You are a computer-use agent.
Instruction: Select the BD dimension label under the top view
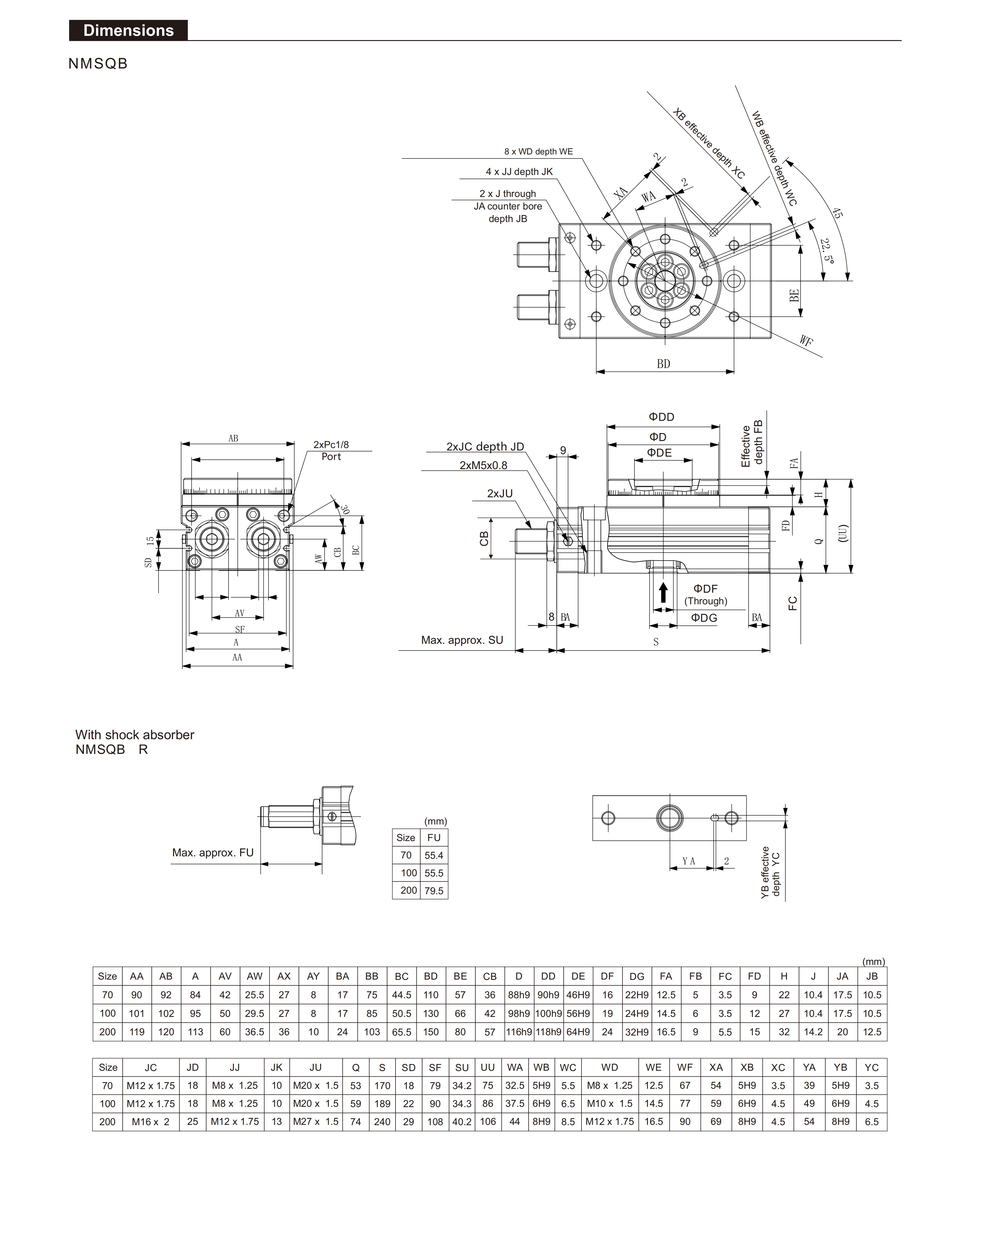point(663,364)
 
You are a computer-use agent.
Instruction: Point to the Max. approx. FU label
point(213,853)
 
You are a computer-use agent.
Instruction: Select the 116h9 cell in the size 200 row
point(519,1032)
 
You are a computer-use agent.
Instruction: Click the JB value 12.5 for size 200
point(872,1032)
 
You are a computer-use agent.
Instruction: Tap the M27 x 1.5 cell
point(315,1122)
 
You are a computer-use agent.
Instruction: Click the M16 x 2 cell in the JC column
point(150,1122)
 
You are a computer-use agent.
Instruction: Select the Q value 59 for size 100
point(355,1103)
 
